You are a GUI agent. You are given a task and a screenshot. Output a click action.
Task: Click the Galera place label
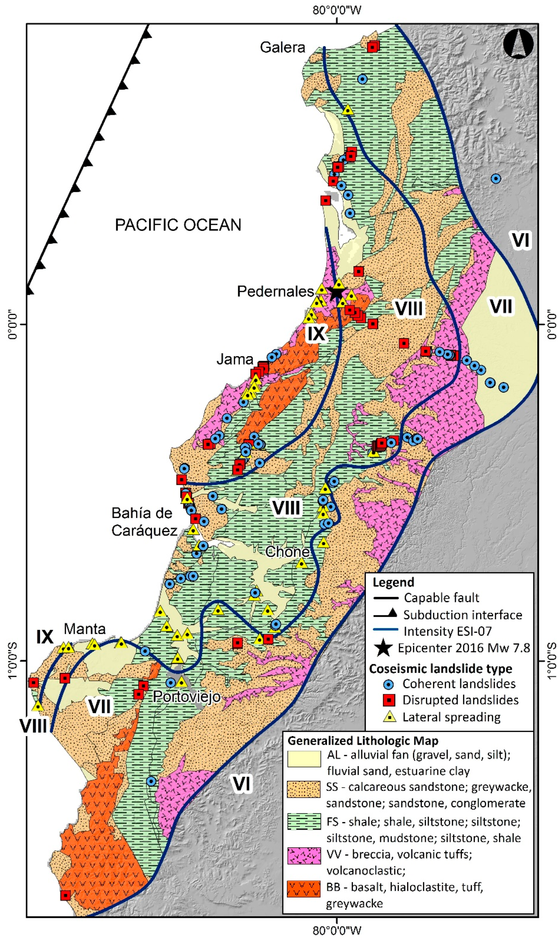point(282,47)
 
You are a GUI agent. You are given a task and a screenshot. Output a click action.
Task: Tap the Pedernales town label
point(275,291)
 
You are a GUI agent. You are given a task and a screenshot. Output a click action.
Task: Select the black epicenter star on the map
point(337,292)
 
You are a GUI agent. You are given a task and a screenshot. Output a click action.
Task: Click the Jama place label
point(235,359)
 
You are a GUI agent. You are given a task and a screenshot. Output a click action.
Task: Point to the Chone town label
point(287,552)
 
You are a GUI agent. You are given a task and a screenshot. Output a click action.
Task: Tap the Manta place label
point(85,629)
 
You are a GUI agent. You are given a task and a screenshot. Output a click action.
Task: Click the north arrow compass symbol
point(518,44)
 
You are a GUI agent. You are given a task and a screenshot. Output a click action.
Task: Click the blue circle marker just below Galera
point(362,79)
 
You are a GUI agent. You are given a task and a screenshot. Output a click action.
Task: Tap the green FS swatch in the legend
point(304,823)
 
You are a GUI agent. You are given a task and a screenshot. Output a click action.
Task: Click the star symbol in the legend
point(384,648)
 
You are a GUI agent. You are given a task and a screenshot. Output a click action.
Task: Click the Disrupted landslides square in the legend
point(389,700)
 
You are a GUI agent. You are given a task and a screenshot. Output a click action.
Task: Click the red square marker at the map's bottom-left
point(66,895)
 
